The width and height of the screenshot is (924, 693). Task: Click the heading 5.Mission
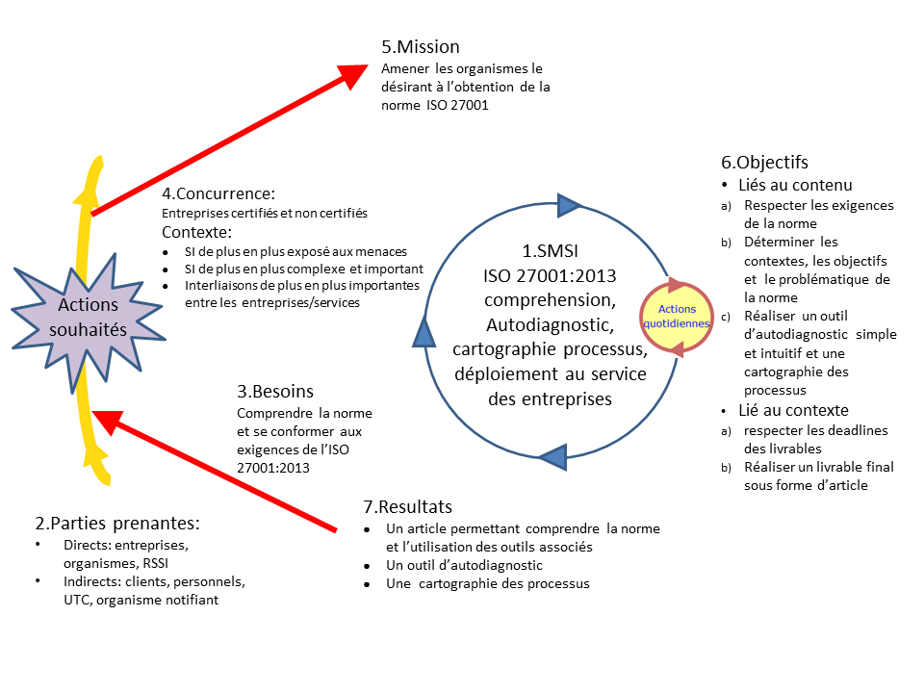tap(421, 46)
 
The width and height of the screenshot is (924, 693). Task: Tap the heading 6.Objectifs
tap(765, 162)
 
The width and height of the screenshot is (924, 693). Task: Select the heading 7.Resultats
tap(408, 506)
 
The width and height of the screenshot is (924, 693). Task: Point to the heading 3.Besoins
tap(275, 392)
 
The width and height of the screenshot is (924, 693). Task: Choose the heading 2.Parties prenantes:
tap(117, 524)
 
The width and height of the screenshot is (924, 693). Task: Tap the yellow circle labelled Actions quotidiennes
tap(683, 317)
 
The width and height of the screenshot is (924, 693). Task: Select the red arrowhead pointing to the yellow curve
tap(108, 421)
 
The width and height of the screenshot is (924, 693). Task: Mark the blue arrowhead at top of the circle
tap(570, 204)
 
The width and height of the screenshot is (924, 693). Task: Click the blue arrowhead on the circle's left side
tap(424, 332)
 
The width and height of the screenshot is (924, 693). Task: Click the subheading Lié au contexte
tap(793, 410)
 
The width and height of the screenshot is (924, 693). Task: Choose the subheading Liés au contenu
tap(795, 185)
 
